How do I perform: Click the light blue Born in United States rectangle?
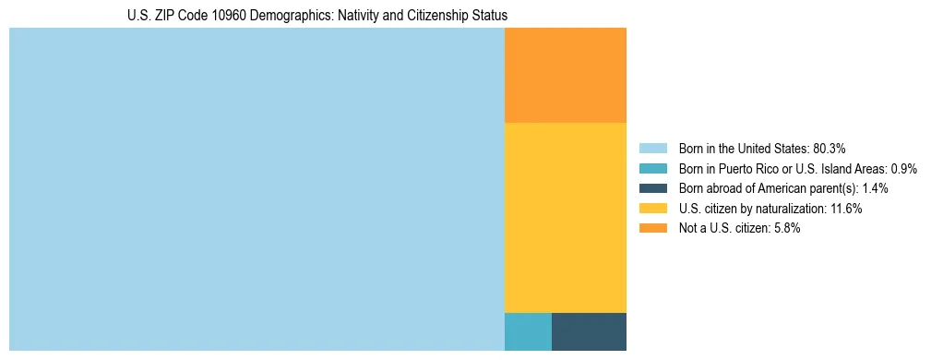click(257, 189)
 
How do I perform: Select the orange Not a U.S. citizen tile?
click(565, 76)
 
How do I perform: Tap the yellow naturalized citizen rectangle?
click(565, 218)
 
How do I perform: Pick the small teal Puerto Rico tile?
click(528, 331)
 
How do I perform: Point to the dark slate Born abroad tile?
click(589, 331)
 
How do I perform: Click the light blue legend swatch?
click(652, 148)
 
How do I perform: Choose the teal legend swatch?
click(652, 168)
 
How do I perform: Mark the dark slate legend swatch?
click(652, 188)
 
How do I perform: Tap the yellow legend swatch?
click(652, 209)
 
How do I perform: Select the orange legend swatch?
click(652, 228)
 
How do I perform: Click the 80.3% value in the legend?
click(830, 148)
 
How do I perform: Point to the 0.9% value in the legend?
click(903, 168)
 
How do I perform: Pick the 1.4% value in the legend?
click(875, 188)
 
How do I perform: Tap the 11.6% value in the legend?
click(845, 209)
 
